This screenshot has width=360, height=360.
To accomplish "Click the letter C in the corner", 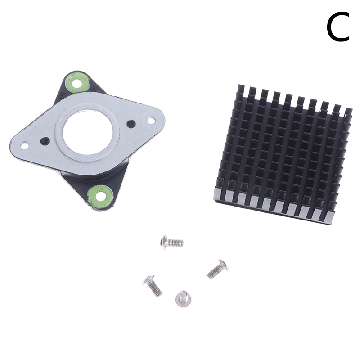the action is point(337,27).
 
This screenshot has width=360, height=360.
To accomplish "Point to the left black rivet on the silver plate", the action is point(45,141).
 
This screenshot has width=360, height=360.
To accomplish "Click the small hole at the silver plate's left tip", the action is point(24,145).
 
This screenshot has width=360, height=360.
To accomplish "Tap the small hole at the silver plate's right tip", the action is point(151,120).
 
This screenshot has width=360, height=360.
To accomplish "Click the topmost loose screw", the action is point(172,243).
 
